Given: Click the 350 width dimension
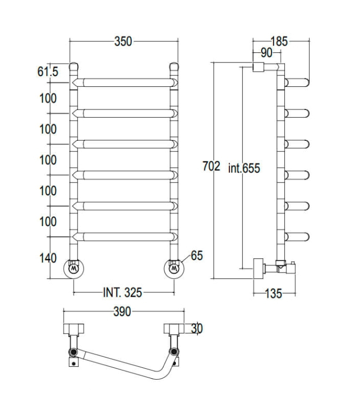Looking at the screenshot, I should (x=123, y=42).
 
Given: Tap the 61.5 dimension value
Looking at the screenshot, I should (x=47, y=71).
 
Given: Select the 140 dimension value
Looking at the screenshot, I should (x=47, y=258).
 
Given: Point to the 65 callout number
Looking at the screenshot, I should (x=196, y=256).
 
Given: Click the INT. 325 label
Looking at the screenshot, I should (x=123, y=293).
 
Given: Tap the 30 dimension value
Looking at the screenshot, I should (x=196, y=328).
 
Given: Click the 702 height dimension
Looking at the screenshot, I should (x=210, y=167).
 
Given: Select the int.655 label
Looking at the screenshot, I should (x=243, y=168).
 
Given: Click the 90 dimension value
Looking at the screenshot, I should (x=266, y=52).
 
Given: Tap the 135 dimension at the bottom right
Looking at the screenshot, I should (x=274, y=294).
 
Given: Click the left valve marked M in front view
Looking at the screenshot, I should (x=74, y=268).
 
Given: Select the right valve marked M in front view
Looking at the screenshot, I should (x=174, y=268).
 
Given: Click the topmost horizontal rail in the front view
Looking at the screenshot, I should (x=124, y=83).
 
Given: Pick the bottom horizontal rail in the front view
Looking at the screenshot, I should (x=124, y=236).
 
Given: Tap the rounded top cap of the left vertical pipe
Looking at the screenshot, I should (x=74, y=67).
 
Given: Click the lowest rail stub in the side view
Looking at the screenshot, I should (x=297, y=236).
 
